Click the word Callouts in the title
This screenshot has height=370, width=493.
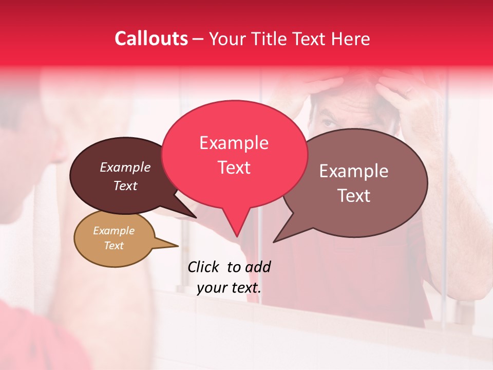click(x=151, y=39)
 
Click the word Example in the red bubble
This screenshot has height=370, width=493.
click(x=234, y=143)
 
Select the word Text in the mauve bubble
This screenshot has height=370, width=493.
click(x=354, y=196)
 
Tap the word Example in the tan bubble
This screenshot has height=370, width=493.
click(x=113, y=231)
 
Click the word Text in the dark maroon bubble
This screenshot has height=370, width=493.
click(x=125, y=186)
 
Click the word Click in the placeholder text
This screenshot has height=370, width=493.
click(x=203, y=267)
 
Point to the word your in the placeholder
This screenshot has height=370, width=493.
click(x=212, y=288)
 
